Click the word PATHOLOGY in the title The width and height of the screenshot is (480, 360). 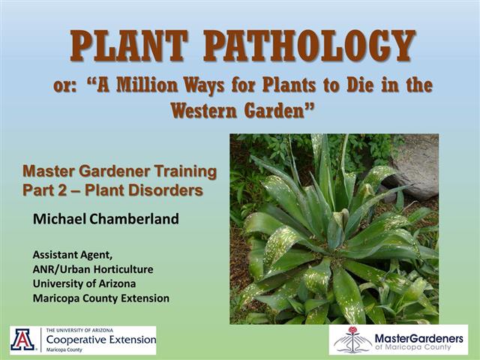click(309, 46)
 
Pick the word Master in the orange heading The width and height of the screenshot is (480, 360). click(49, 172)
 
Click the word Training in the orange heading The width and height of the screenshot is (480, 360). click(184, 172)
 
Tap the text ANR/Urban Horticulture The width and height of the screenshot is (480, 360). click(92, 268)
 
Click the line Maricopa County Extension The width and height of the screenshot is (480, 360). click(100, 298)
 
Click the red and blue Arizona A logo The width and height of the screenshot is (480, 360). click(23, 340)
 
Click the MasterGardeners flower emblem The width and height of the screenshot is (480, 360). click(352, 340)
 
